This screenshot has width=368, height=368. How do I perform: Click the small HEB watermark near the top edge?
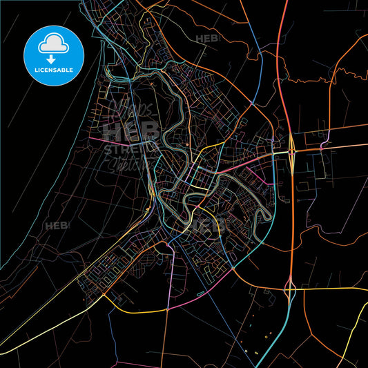point(206,39)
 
